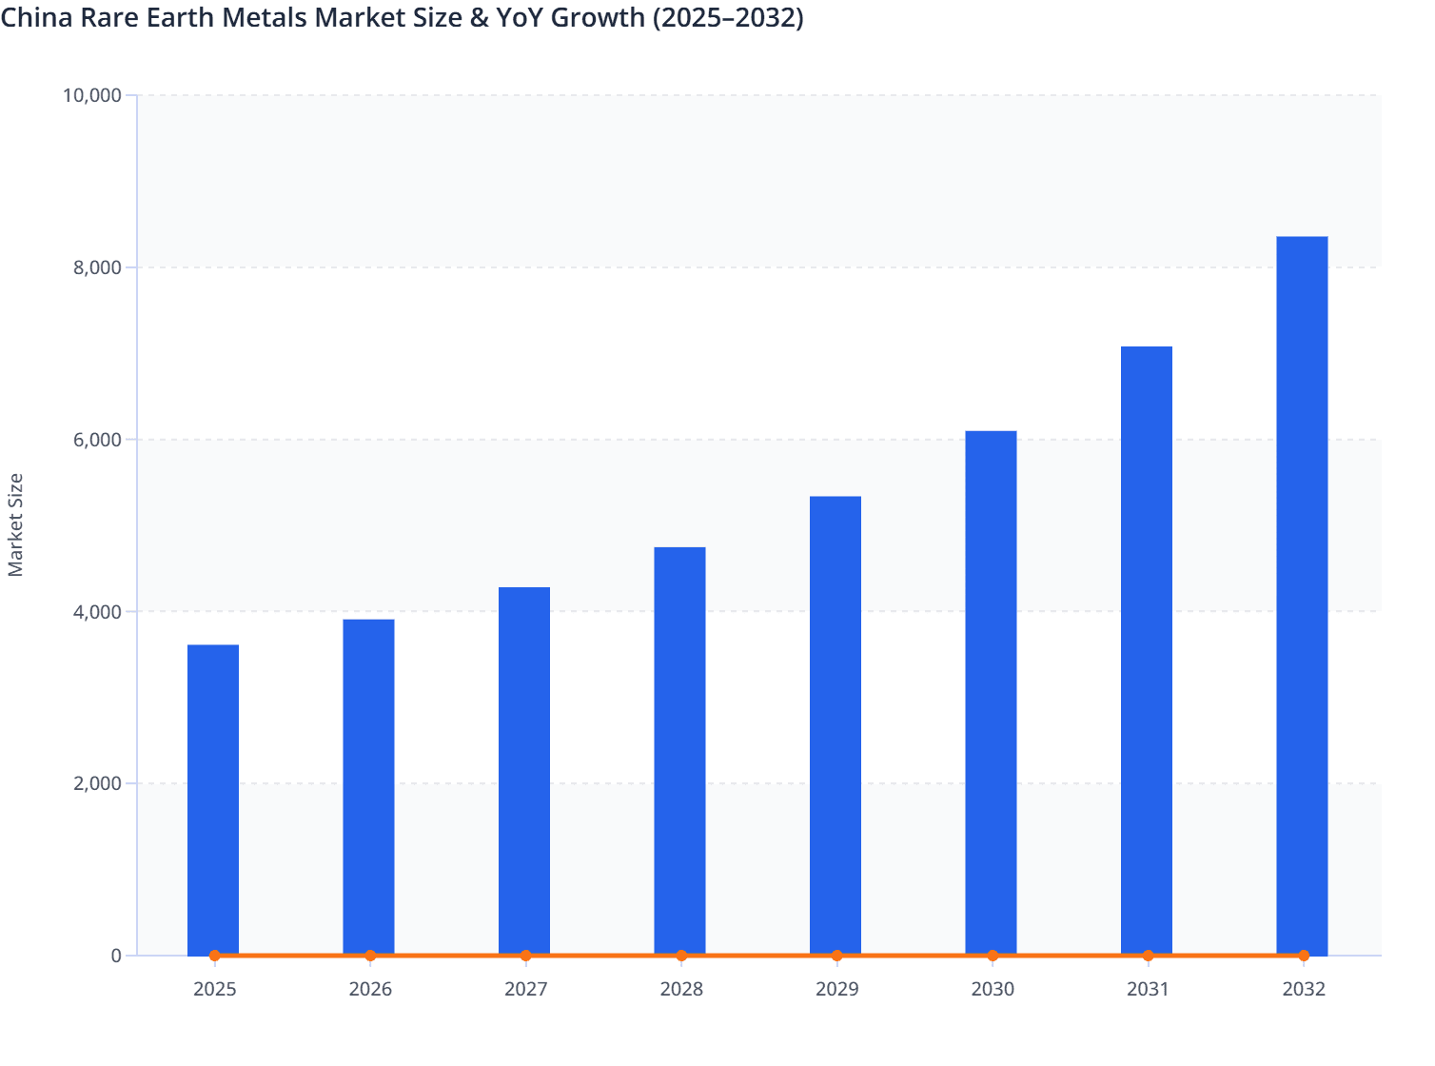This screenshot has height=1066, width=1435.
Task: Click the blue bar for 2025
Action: coord(213,799)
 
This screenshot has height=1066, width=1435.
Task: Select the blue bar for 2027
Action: coord(524,771)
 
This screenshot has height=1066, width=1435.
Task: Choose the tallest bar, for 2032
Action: coord(1302,595)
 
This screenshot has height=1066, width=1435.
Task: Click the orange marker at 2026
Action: coord(370,956)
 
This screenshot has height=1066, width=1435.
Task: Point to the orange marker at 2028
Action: coord(681,956)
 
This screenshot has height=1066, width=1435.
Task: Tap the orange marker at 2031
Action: coord(1148,956)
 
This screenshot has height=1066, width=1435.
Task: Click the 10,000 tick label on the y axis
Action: coord(91,95)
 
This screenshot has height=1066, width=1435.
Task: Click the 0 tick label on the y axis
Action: coord(116,956)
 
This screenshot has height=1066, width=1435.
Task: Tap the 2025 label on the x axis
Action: coord(214,989)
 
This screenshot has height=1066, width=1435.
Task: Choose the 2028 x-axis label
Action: coord(681,989)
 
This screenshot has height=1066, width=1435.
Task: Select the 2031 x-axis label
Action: coord(1148,989)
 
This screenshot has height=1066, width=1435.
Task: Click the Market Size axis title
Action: coord(16,524)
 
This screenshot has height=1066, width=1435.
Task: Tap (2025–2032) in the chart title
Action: coord(728,17)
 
